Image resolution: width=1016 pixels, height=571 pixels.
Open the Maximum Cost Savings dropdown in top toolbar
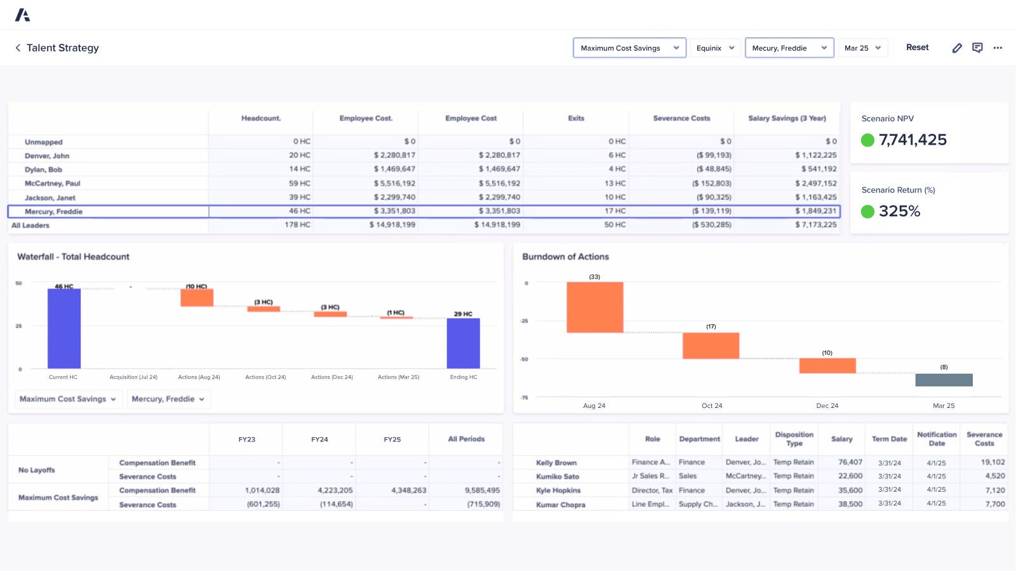629,48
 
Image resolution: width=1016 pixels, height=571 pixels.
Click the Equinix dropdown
715,48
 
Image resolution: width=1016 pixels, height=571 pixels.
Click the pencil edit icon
957,48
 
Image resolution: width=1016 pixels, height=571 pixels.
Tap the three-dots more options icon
998,48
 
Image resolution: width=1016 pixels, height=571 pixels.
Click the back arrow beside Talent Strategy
18,48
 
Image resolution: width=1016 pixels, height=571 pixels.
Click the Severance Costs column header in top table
681,119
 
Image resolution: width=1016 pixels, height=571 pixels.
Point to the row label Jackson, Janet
50,198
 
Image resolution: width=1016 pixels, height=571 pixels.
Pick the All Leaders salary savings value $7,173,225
815,225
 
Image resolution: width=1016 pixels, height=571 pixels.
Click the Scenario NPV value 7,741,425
912,140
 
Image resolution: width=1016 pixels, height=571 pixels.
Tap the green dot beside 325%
867,212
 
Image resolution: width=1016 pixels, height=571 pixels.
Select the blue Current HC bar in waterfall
64,328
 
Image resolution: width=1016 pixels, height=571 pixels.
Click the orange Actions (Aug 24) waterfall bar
197,298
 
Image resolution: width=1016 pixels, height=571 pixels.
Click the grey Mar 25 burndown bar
944,380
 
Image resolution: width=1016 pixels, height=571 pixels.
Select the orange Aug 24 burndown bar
594,307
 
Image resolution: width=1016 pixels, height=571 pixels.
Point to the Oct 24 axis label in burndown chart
712,406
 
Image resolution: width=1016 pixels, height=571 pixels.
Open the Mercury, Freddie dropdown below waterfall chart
168,399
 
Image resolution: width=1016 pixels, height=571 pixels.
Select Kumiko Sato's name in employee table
558,476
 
